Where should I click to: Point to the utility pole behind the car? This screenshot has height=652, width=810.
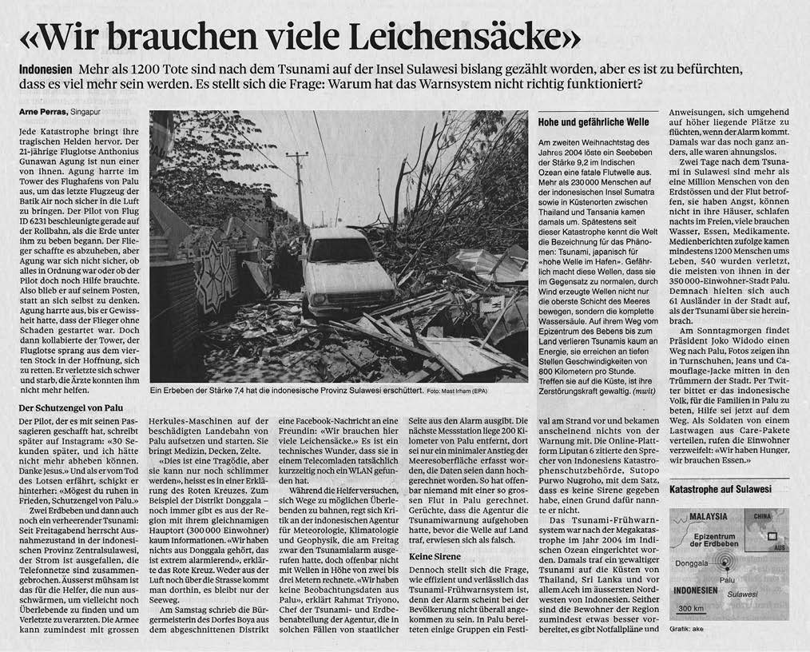click(x=297, y=184)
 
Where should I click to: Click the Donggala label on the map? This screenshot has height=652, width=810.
click(x=692, y=563)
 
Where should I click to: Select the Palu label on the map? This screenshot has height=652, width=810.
click(x=727, y=578)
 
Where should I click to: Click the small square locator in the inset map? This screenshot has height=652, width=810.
click(x=771, y=537)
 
